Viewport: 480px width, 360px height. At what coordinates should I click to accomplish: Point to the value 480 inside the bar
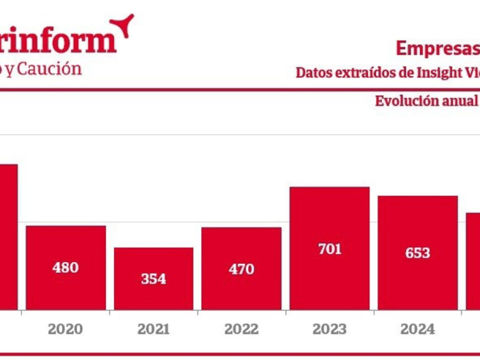pos(66,268)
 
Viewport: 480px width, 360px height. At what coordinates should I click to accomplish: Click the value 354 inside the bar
pos(154,279)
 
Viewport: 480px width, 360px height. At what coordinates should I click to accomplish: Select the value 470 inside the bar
pos(241,269)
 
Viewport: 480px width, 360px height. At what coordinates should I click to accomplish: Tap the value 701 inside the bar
pos(329,250)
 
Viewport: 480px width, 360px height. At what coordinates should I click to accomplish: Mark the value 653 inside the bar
pos(418,253)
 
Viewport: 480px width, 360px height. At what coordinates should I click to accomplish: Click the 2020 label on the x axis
pos(66,329)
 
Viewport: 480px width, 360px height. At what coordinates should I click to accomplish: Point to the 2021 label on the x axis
pos(154,329)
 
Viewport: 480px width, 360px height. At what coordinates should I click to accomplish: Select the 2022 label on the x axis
pos(241,329)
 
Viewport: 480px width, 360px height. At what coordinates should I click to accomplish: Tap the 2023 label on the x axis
pos(329,329)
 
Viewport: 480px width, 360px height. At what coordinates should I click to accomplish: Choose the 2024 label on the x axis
pos(418,329)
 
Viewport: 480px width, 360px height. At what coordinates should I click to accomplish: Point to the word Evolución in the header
pos(407,101)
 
